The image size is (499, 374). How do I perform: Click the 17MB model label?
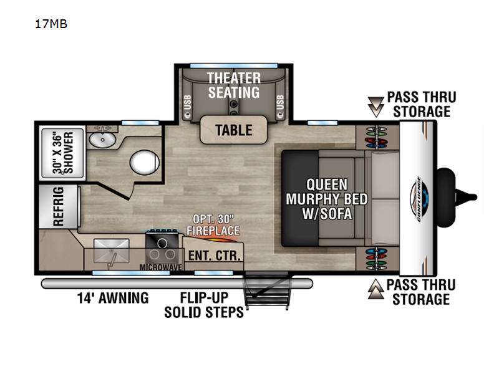pyautogui.click(x=51, y=24)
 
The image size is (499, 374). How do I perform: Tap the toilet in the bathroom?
pyautogui.click(x=145, y=162)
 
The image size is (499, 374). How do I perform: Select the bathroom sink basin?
pyautogui.click(x=102, y=140)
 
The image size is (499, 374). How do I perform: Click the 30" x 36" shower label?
pyautogui.click(x=63, y=153)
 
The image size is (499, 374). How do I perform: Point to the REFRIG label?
pyautogui.click(x=59, y=206)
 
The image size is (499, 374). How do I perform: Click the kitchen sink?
pyautogui.click(x=112, y=252)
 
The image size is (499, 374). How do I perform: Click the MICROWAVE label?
pyautogui.click(x=161, y=267)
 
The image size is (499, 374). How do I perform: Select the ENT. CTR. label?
pyautogui.click(x=214, y=256)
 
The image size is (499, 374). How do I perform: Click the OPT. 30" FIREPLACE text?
pyautogui.click(x=213, y=225)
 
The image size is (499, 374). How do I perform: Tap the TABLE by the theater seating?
pyautogui.click(x=233, y=130)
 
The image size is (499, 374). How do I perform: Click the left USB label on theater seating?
pyautogui.click(x=188, y=102)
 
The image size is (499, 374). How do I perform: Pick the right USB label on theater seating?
pyautogui.click(x=280, y=102)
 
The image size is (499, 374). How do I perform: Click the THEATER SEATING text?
pyautogui.click(x=234, y=85)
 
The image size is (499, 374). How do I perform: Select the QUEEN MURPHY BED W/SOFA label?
pyautogui.click(x=327, y=199)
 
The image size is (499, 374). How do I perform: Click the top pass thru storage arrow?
pyautogui.click(x=376, y=107)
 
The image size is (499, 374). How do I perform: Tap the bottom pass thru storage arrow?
pyautogui.click(x=376, y=289)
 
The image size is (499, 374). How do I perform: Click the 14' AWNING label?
pyautogui.click(x=113, y=298)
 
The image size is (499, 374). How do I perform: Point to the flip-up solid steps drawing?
pyautogui.click(x=268, y=290)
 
